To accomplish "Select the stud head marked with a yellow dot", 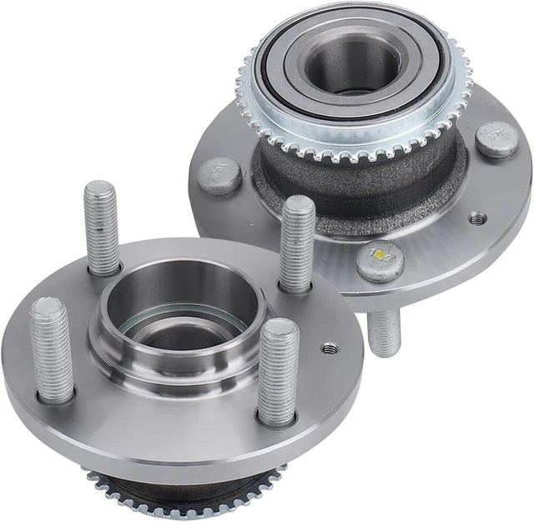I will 380,261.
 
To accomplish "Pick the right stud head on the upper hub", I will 497,138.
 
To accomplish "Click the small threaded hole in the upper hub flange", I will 477,218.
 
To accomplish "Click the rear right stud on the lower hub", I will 296,243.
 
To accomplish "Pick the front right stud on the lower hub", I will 278,371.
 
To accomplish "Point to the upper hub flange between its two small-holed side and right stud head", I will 492,192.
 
